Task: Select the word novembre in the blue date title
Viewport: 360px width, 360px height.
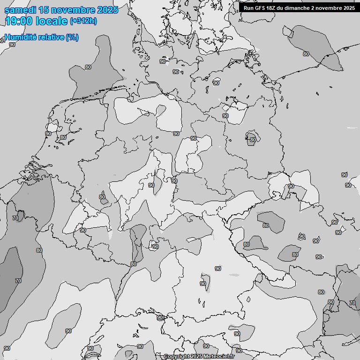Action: click(x=72, y=10)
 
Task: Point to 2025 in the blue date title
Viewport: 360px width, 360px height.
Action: click(x=107, y=10)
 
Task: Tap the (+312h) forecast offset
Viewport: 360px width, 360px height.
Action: click(x=83, y=21)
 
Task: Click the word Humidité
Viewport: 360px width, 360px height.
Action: click(x=20, y=37)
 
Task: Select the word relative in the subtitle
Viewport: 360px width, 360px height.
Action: click(x=51, y=37)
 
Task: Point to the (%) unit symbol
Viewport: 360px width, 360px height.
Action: click(x=72, y=37)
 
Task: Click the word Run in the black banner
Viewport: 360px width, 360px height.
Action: click(x=249, y=8)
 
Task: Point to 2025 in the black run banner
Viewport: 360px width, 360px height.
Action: click(x=349, y=8)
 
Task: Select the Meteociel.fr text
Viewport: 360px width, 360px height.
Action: click(x=219, y=357)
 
